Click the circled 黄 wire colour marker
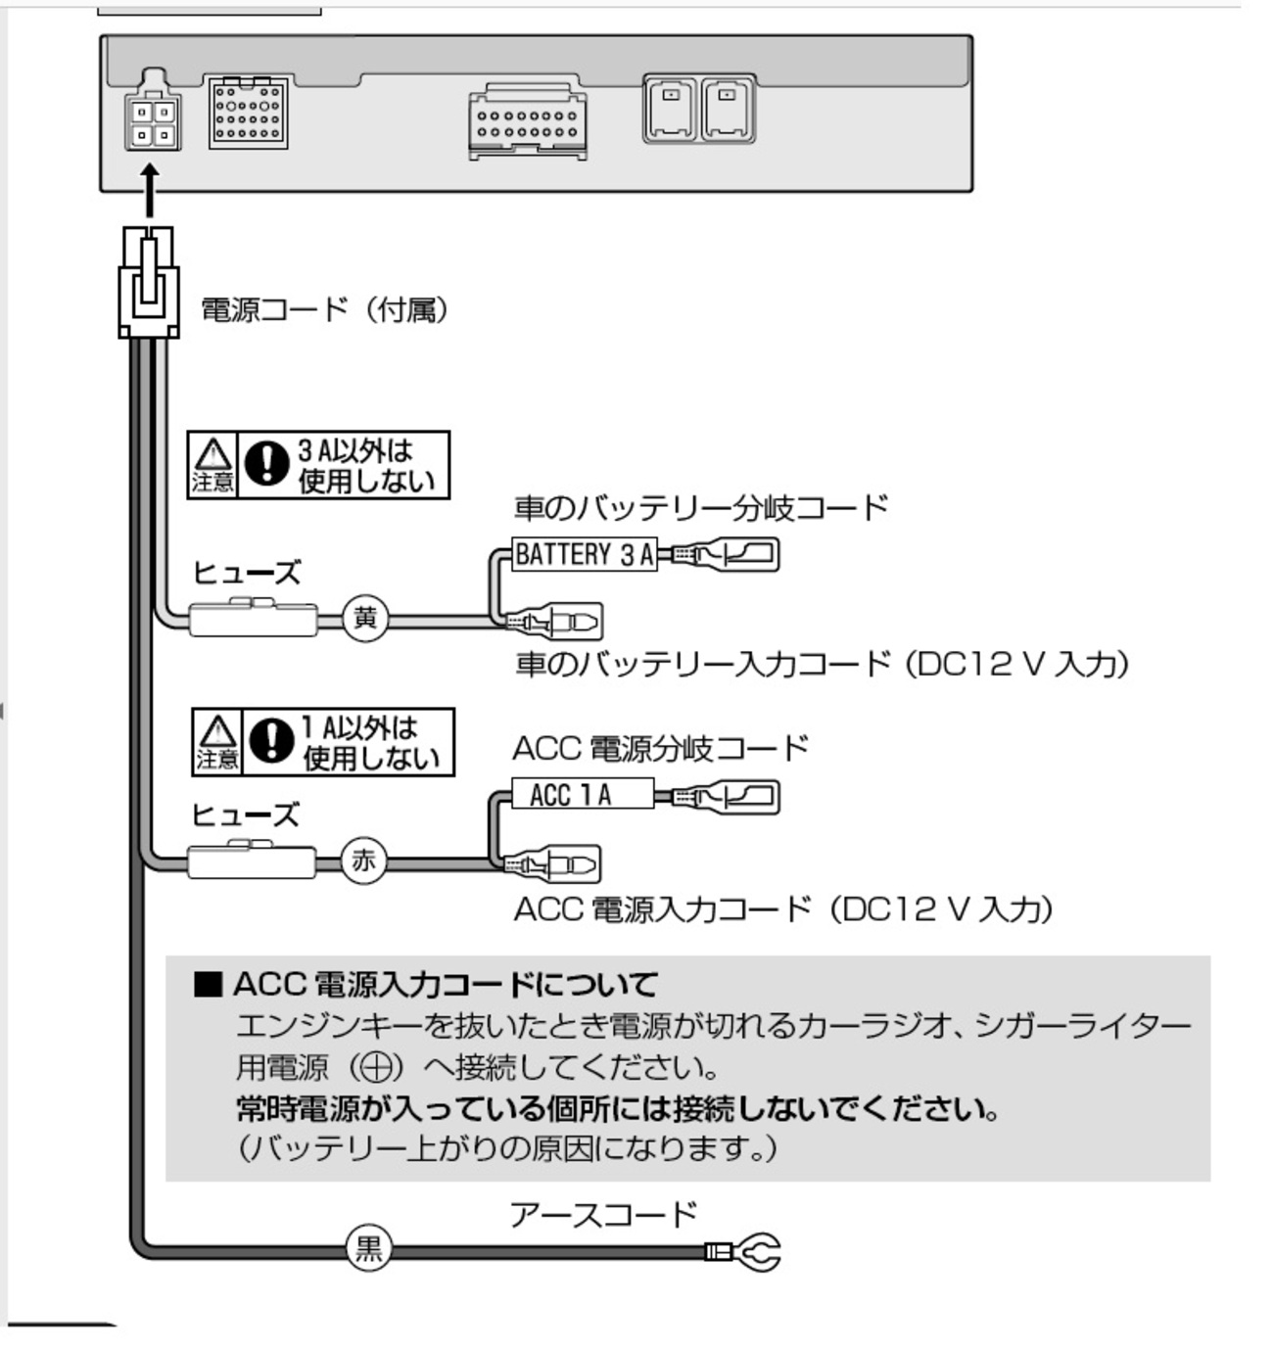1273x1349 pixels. click(365, 619)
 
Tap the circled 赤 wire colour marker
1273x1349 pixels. click(363, 861)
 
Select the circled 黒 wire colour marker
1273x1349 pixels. click(368, 1249)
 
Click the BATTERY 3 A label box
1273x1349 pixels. click(585, 555)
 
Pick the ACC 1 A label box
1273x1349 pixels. click(582, 794)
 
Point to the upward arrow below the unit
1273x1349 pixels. click(150, 191)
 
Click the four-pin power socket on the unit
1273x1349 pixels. click(153, 123)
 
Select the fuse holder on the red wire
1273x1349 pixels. click(252, 861)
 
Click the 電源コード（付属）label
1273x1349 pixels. click(324, 310)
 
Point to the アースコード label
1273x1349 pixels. click(602, 1215)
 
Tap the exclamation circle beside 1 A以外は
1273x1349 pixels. click(271, 741)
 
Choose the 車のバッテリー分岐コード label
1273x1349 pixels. click(701, 508)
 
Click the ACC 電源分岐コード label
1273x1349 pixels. click(660, 749)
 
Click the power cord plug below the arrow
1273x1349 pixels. click(149, 282)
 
